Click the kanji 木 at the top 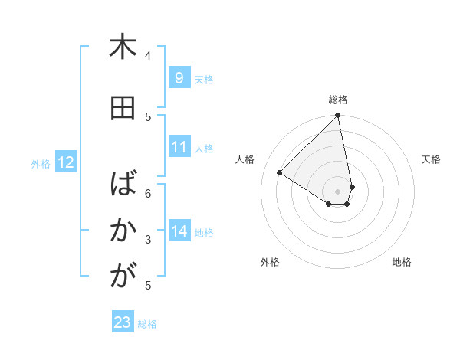pos(122,47)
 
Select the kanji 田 pos(122,108)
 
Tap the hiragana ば pos(122,185)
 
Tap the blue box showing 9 pos(179,78)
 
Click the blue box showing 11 pos(179,148)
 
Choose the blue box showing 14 pos(179,231)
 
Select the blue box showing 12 pos(65,162)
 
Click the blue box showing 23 pos(123,322)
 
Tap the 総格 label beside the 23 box pos(147,324)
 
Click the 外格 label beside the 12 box pos(41,163)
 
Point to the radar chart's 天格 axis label pos(431,159)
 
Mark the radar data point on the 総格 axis pos(338,116)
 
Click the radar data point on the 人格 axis pos(280,173)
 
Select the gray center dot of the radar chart pos(337,191)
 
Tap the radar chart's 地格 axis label pos(402,263)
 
